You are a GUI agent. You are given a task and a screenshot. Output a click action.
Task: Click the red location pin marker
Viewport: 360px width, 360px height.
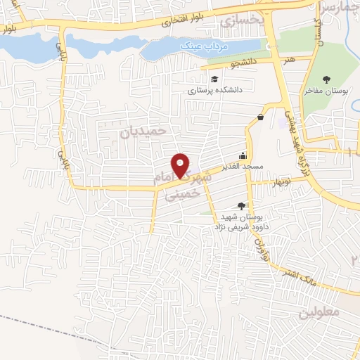click(181, 165)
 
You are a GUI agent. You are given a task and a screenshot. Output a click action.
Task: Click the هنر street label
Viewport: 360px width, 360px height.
click(289, 60)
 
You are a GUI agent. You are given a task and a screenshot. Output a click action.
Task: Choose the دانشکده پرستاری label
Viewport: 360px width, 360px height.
click(214, 90)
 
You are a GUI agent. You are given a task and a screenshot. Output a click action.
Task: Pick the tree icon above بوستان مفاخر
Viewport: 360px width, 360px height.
click(326, 79)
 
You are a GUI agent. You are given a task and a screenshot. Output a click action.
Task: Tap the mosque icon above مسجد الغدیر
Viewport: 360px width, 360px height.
click(243, 155)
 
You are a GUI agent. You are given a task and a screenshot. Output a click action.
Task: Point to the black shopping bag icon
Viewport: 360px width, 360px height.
click(261, 117)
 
